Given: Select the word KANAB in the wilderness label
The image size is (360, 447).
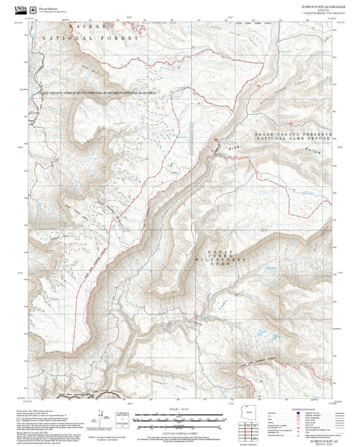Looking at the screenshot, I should tap(218, 249).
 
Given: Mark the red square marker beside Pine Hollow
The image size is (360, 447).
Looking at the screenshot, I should tap(216, 140).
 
